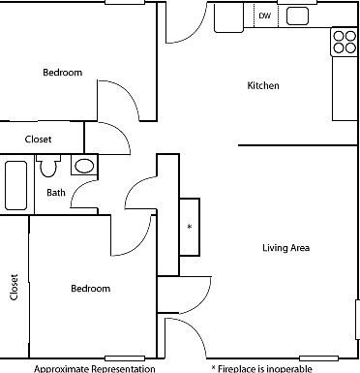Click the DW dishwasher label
(264, 16)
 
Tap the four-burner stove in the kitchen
(345, 41)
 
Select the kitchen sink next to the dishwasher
(297, 16)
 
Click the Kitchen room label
(263, 86)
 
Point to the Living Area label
(285, 248)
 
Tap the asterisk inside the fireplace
(190, 227)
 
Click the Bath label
(56, 192)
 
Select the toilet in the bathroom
(49, 169)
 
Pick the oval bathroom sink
(84, 166)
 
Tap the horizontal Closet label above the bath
(39, 140)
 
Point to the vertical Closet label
(14, 287)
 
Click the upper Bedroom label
(62, 73)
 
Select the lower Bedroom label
(90, 289)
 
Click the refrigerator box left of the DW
(228, 16)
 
